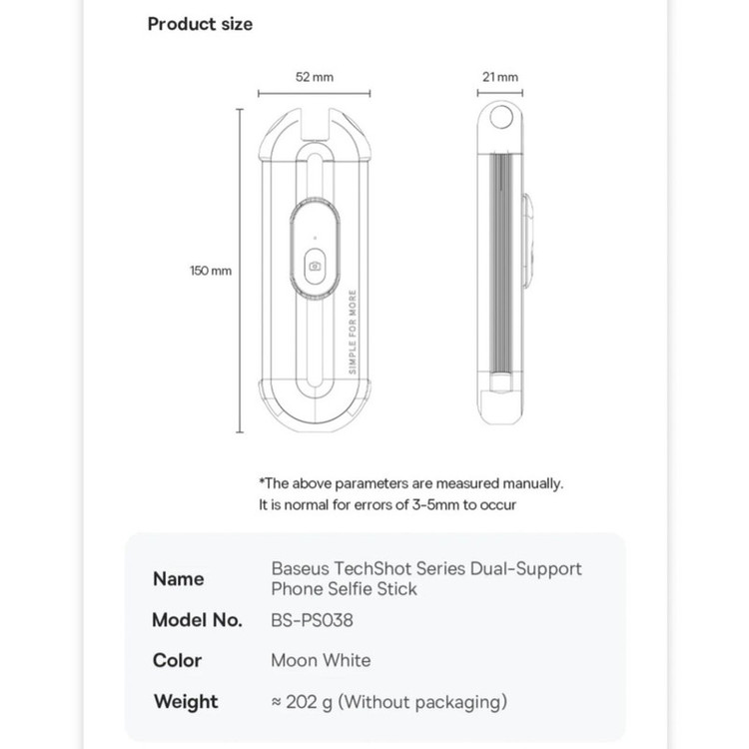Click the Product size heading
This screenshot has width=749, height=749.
point(200,24)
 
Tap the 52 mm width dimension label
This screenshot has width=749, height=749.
point(316,77)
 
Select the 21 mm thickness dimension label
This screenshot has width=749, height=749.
point(501,77)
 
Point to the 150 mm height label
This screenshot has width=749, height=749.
point(211,271)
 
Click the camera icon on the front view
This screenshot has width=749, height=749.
point(316,266)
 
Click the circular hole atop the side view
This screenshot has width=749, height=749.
point(501,120)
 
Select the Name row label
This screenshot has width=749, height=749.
point(179,579)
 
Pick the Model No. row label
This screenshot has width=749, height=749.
point(197,620)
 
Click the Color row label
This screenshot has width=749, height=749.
point(178,660)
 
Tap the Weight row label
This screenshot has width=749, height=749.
point(186,701)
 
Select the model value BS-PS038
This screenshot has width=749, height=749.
point(312,620)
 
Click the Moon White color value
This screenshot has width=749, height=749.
point(321,660)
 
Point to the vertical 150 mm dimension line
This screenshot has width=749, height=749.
point(240,271)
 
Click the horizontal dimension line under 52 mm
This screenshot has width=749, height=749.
point(316,93)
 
